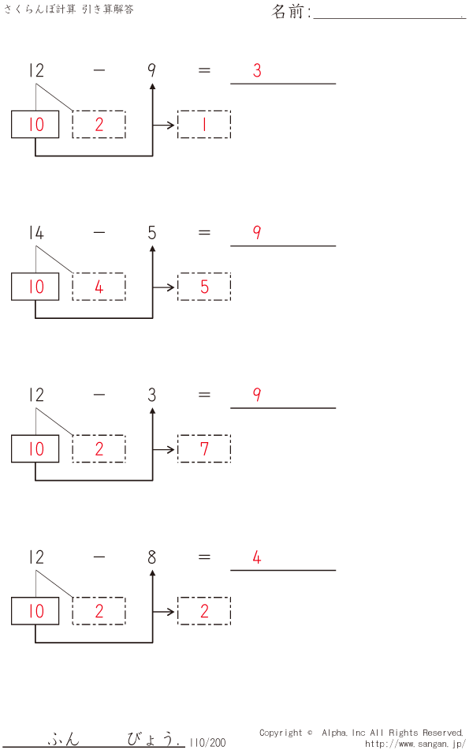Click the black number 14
click(35, 233)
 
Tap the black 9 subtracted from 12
click(151, 70)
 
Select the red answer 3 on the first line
click(257, 70)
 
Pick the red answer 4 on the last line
click(257, 557)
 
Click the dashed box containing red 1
click(204, 125)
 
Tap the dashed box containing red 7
click(204, 449)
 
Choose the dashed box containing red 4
click(99, 287)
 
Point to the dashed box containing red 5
click(204, 287)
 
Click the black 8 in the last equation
click(151, 557)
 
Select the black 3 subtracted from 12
click(151, 395)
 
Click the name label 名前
click(290, 12)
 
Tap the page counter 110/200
click(208, 742)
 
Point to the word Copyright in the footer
click(281, 733)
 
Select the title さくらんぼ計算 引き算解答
click(69, 9)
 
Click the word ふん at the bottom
click(63, 740)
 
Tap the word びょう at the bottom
click(150, 740)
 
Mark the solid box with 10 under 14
click(35, 287)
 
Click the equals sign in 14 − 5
click(204, 233)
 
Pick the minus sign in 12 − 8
click(99, 557)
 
